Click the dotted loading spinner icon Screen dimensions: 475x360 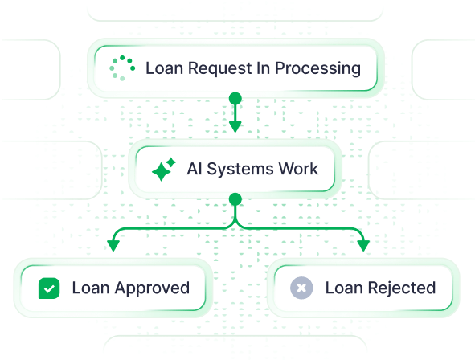122,68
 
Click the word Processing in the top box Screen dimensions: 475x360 317,68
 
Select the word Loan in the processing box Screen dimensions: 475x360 165,68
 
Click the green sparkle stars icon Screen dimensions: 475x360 164,170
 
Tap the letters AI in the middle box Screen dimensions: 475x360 195,169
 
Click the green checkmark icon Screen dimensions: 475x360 49,288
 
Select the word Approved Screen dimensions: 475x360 152,288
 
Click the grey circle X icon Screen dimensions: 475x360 301,288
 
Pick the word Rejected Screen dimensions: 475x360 402,288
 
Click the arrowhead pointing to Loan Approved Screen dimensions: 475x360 113,246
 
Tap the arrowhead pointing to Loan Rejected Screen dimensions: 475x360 363,246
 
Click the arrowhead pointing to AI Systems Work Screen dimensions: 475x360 235,126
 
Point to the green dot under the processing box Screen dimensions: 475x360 235,99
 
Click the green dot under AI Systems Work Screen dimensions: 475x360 235,199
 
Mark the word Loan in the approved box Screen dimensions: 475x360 91,288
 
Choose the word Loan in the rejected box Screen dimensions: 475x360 344,288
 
